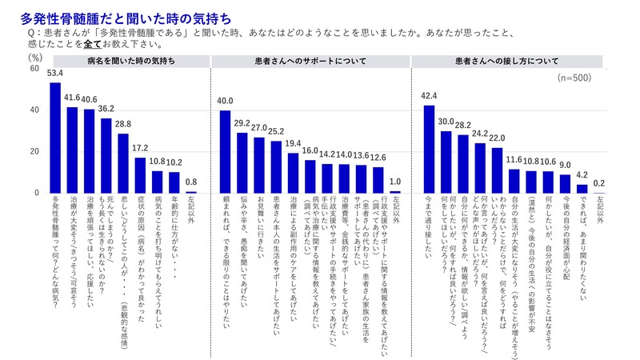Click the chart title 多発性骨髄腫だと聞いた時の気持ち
coord(110,14)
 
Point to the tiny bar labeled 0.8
coord(191,192)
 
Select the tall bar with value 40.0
coord(226,151)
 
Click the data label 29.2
coord(242,124)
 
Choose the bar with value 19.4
coord(294,173)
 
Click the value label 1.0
coord(395,182)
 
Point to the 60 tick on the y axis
coord(33,69)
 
